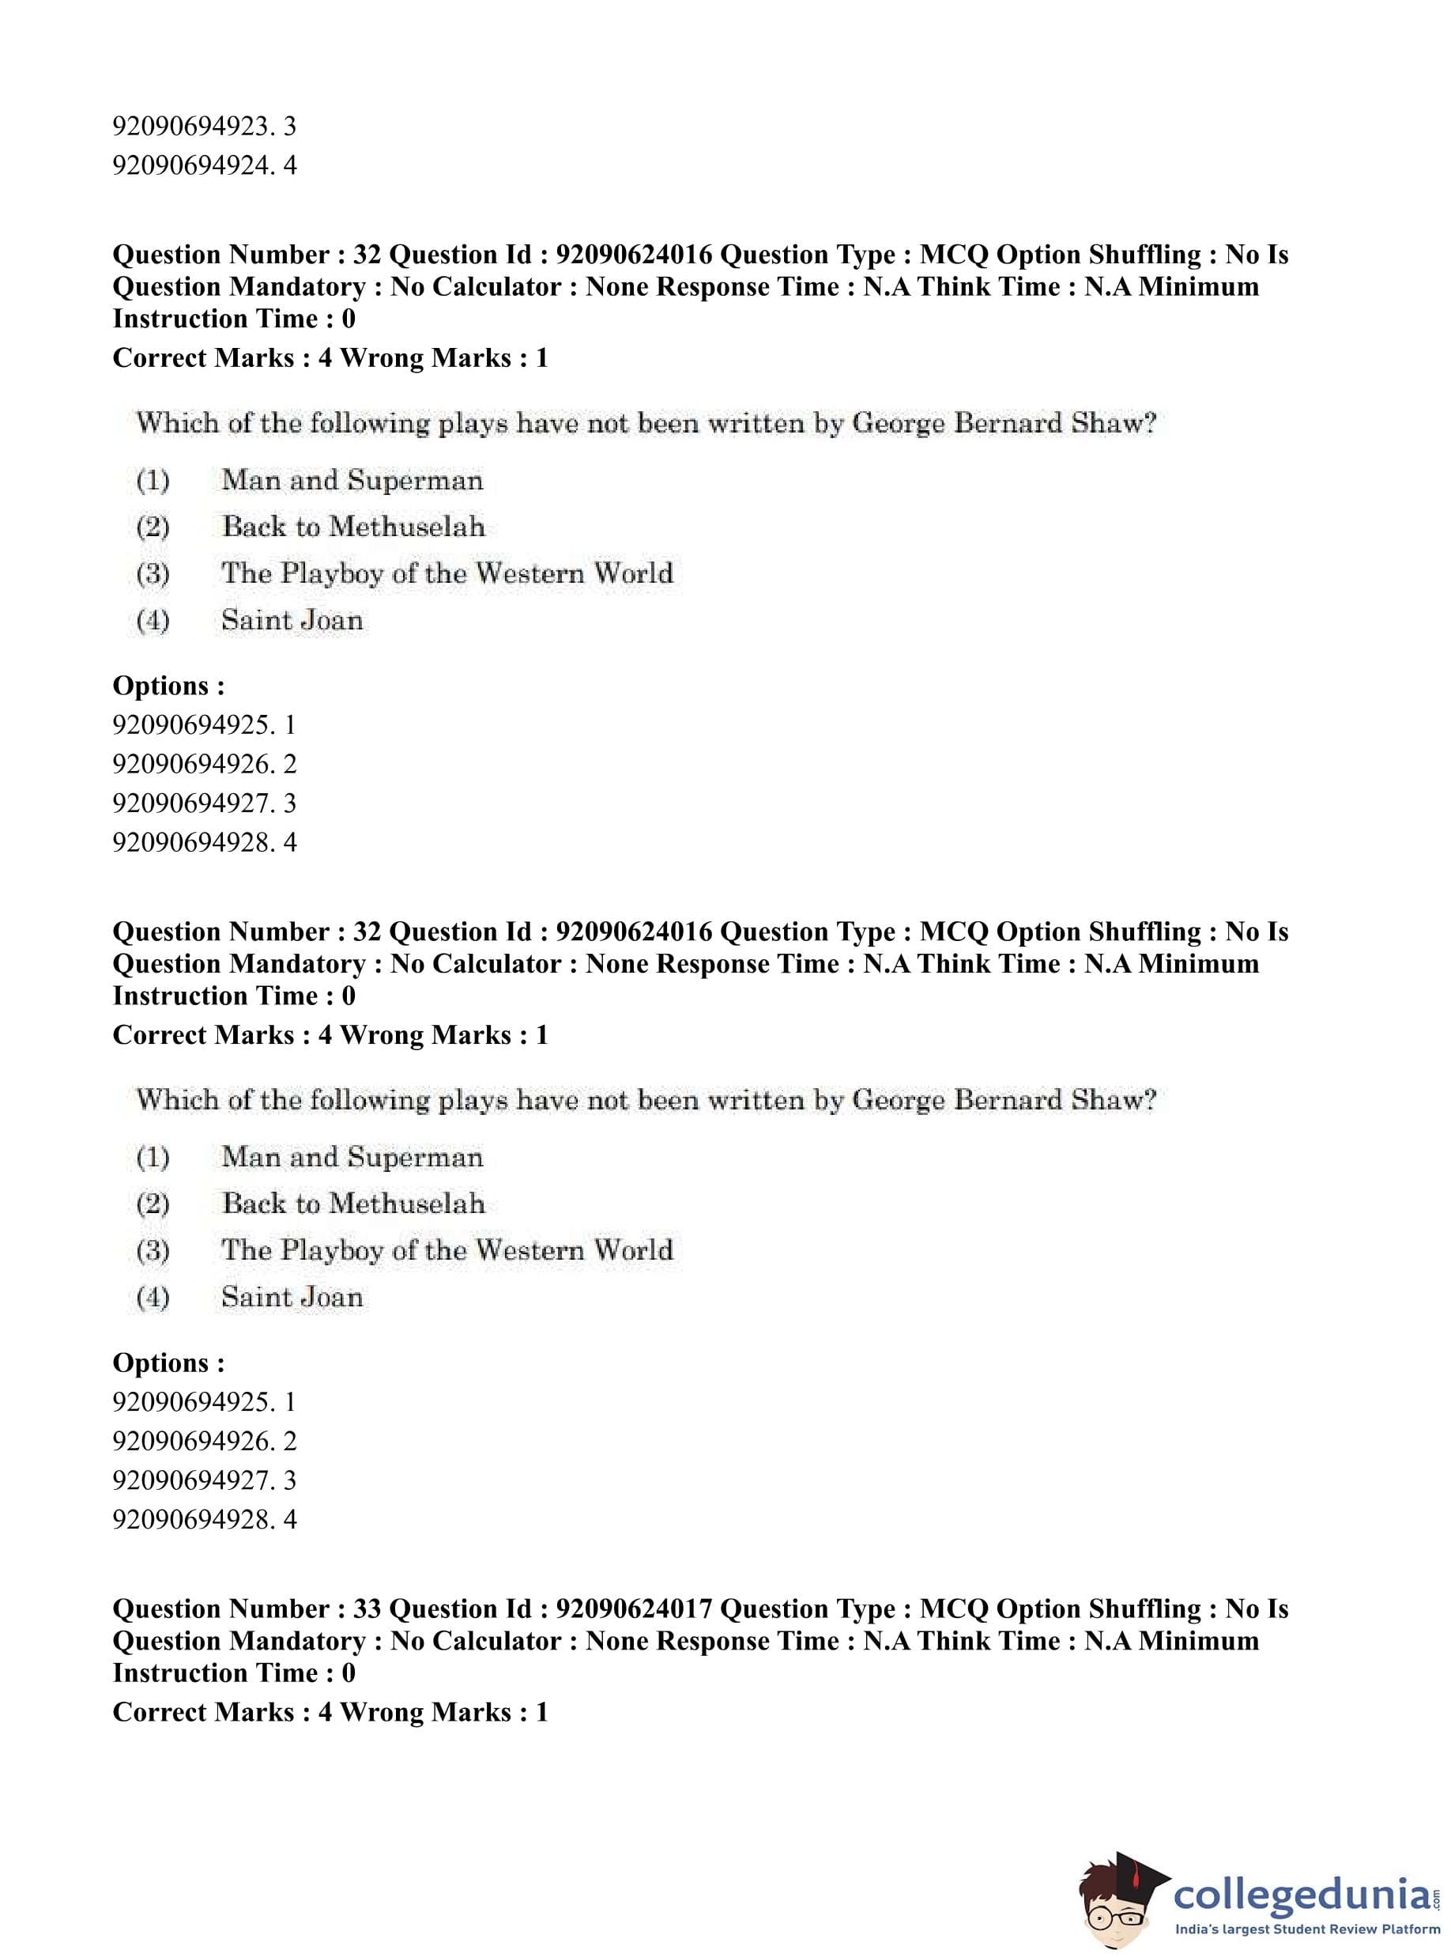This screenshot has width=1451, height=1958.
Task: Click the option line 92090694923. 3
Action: (x=204, y=127)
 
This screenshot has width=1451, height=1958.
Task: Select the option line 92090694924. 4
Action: (x=204, y=165)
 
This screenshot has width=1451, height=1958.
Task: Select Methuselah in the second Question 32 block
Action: (x=408, y=1203)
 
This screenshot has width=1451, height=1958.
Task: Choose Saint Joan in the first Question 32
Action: (x=292, y=621)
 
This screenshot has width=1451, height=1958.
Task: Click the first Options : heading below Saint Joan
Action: (x=168, y=686)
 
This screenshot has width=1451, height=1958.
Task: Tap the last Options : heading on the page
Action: (x=168, y=1363)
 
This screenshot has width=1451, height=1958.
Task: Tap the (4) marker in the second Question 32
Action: (x=153, y=1297)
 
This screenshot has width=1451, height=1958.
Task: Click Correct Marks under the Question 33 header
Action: (x=204, y=1712)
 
